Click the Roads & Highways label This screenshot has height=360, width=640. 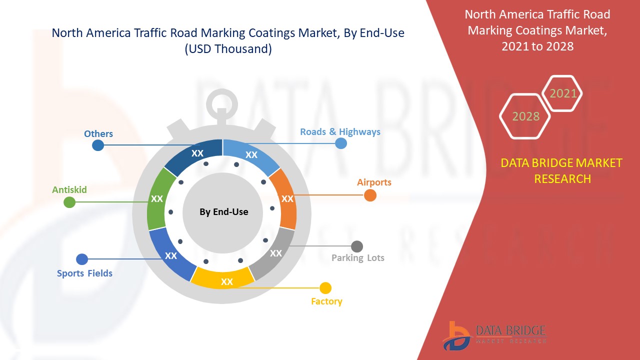(x=340, y=132)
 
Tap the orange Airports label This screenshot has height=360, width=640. (x=374, y=182)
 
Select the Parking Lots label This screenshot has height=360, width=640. (x=358, y=258)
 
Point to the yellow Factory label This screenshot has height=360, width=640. (x=326, y=301)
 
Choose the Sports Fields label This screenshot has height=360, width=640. (x=84, y=273)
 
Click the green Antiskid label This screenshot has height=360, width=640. (x=69, y=190)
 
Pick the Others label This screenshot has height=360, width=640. (x=98, y=134)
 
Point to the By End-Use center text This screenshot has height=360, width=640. (x=223, y=212)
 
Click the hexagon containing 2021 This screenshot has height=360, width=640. (x=563, y=93)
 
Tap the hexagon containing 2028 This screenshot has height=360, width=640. (x=525, y=116)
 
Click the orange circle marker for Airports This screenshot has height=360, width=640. (x=370, y=195)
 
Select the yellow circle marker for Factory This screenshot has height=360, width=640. (x=325, y=288)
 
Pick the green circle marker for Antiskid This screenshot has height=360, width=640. (x=69, y=202)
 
